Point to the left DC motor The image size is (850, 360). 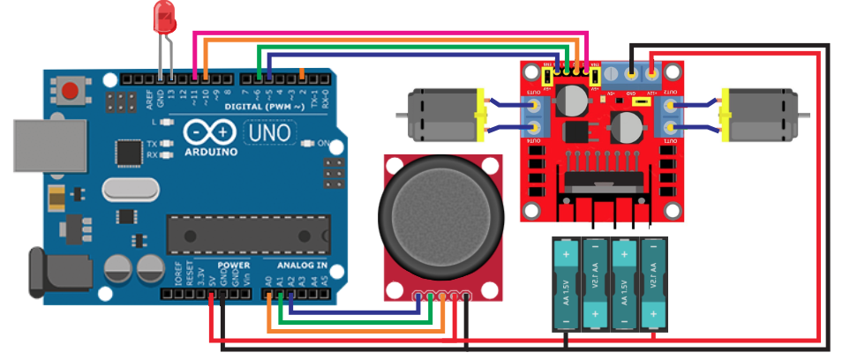click(440, 115)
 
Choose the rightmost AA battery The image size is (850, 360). click(653, 281)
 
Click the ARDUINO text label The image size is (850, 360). click(213, 151)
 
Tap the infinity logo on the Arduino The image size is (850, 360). click(212, 132)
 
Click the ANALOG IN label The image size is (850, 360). click(303, 265)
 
